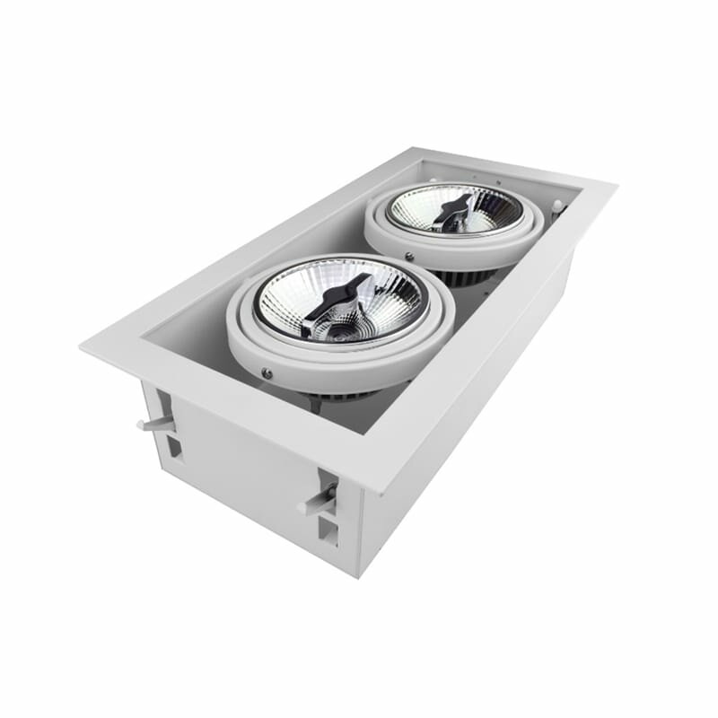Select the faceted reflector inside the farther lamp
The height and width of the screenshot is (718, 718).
coord(494,211)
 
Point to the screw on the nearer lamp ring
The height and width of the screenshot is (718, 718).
coord(267,372)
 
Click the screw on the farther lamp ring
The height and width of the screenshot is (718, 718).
coord(410,258)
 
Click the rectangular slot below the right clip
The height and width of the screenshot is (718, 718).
coord(328,533)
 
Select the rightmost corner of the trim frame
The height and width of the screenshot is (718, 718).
coord(616,187)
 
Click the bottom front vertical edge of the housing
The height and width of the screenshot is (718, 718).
coord(359,538)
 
